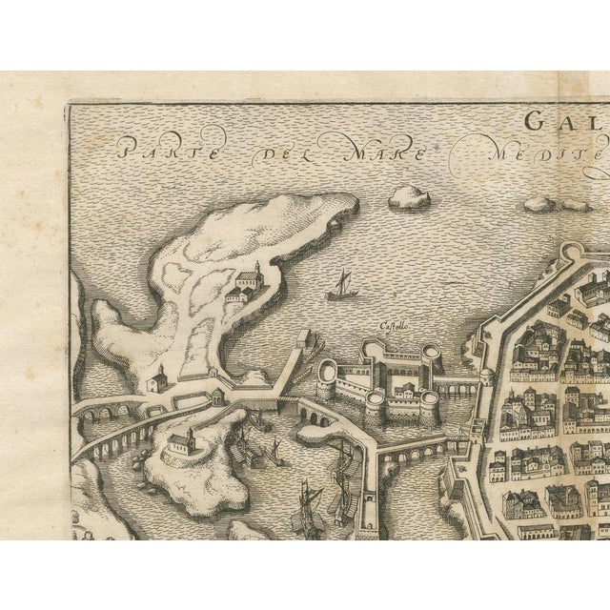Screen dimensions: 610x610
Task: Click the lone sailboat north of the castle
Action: click(341, 285)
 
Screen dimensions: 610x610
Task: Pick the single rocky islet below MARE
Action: click(409, 197)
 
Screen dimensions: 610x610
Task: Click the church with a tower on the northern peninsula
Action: click(248, 282)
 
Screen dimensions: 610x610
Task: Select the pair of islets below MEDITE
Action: click(553, 203)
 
